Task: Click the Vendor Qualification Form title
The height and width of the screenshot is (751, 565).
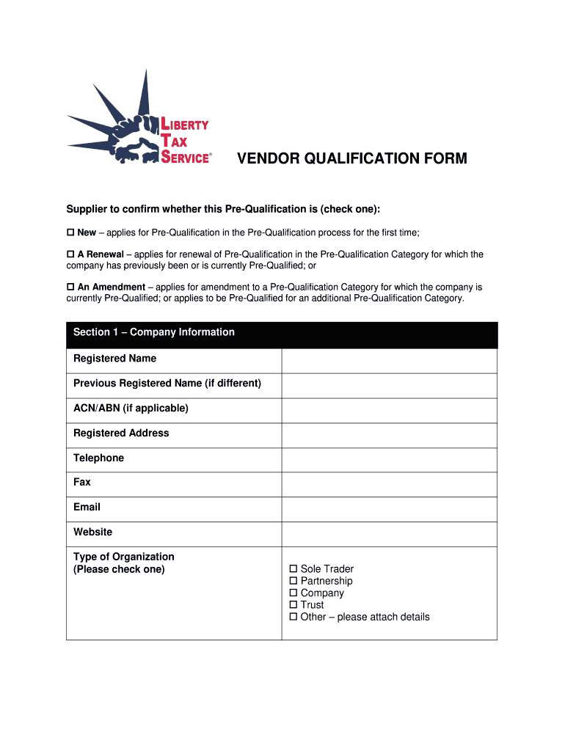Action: coord(351,158)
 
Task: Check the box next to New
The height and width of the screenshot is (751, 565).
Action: coord(71,232)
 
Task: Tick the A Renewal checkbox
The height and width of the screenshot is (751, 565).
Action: coord(71,254)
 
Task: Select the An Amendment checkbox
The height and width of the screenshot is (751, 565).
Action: coord(71,287)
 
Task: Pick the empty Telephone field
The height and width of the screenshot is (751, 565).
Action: coord(389,459)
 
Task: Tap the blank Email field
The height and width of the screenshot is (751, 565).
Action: coord(389,508)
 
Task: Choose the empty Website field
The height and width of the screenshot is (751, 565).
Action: coord(389,533)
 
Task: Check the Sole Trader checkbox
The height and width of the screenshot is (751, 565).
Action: coord(294,569)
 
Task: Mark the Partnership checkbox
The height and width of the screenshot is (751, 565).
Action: coord(294,581)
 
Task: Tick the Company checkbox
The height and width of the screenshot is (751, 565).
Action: coord(294,593)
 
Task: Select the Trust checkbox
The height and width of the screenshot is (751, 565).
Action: coord(294,605)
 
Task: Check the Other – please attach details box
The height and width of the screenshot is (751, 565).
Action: coord(294,617)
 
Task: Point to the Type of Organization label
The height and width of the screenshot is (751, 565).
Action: coord(124,557)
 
